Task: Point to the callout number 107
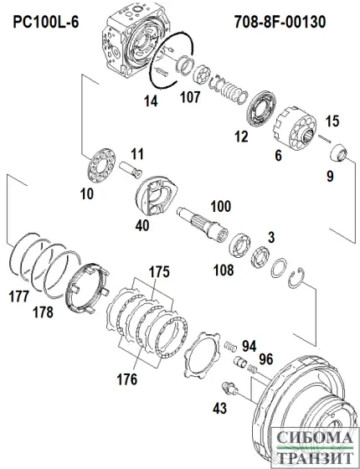click(x=192, y=98)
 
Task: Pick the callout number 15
click(x=332, y=121)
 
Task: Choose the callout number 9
click(x=330, y=176)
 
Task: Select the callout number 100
click(x=220, y=205)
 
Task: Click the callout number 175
click(x=159, y=272)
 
